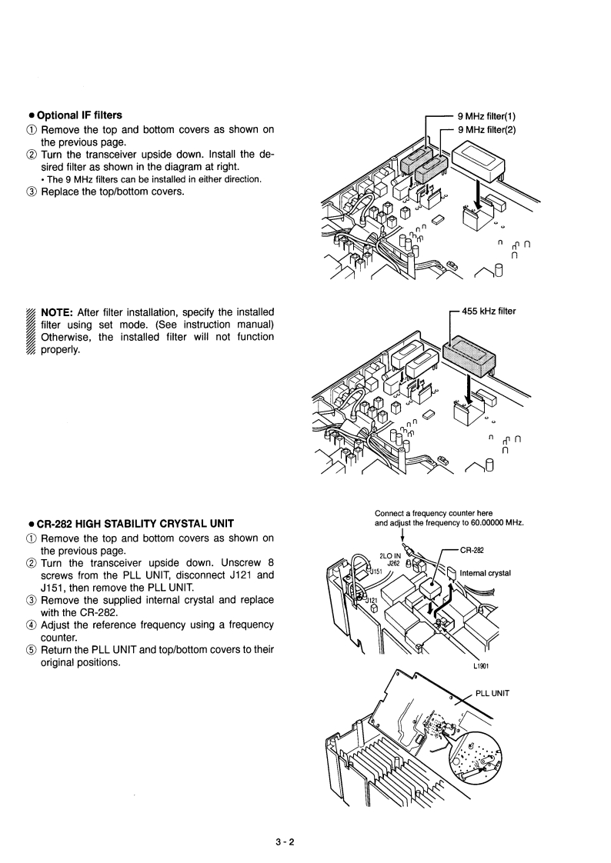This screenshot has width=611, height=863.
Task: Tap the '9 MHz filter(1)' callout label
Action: (487, 117)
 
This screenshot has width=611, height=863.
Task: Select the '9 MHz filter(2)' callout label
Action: (487, 129)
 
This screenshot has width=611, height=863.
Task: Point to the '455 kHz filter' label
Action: (489, 312)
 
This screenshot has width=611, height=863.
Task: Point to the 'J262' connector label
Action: (392, 562)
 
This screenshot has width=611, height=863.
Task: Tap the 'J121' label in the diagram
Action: (372, 599)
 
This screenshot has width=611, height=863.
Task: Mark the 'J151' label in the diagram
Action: (374, 571)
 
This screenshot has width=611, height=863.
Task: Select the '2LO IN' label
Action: (391, 555)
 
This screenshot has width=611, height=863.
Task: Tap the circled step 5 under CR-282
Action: (32, 649)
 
